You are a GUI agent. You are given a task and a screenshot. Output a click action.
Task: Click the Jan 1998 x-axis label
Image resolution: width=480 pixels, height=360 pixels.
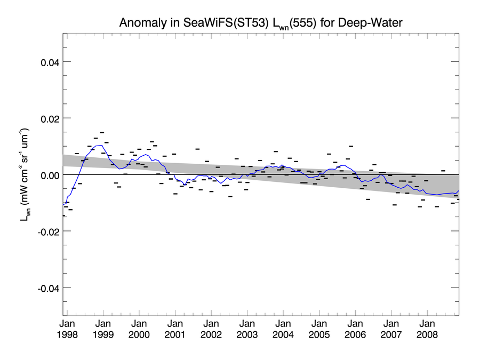click(67, 329)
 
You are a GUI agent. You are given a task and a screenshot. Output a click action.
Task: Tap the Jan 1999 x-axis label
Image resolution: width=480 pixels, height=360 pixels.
click(103, 329)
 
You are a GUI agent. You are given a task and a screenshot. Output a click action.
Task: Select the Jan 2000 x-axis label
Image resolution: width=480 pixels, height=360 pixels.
click(139, 329)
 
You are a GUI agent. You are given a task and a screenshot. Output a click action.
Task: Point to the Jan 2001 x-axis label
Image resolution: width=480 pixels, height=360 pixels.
click(175, 329)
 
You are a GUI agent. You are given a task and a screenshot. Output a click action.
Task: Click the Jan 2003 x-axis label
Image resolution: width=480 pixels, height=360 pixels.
click(247, 329)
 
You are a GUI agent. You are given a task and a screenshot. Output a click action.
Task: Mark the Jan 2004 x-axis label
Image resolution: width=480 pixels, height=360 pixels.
click(283, 329)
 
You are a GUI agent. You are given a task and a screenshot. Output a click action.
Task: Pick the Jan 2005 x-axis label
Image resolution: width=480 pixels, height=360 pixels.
click(319, 329)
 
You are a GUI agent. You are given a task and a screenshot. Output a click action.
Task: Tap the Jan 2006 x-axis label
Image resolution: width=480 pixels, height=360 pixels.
click(355, 329)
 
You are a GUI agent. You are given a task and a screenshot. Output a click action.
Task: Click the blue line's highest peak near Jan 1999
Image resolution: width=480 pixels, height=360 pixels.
click(100, 145)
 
